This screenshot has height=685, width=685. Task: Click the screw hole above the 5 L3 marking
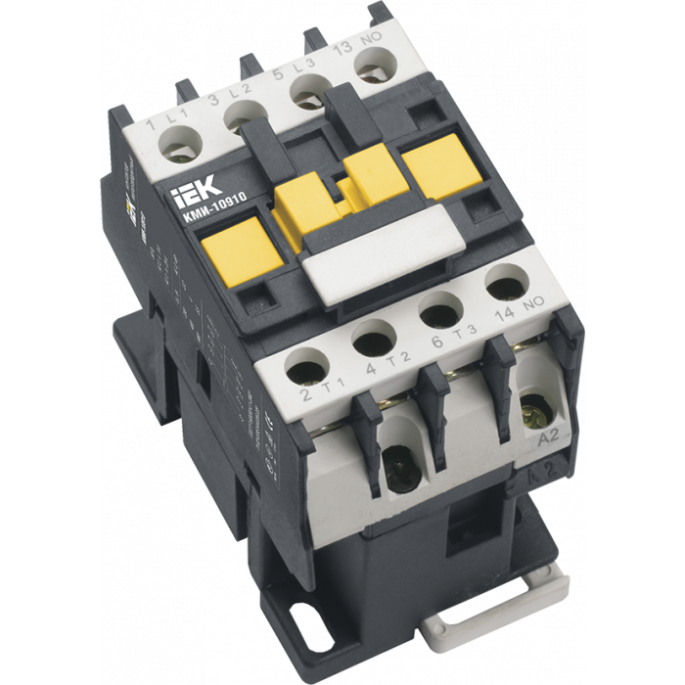[x=304, y=96]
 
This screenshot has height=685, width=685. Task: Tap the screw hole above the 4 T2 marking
[x=372, y=342]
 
